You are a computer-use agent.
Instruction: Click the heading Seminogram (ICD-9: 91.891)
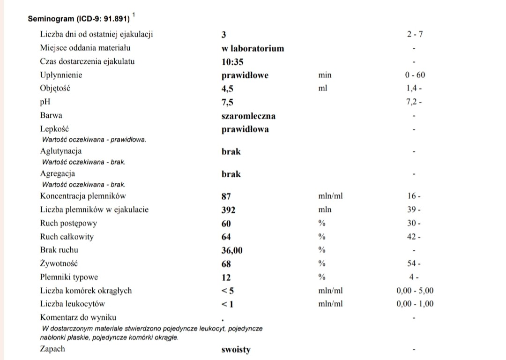click(78, 19)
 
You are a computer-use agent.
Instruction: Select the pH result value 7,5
click(227, 103)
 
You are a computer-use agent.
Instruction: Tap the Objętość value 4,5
click(227, 89)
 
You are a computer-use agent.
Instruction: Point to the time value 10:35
click(232, 62)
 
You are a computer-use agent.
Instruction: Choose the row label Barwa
click(51, 115)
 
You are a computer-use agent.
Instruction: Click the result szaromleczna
click(248, 116)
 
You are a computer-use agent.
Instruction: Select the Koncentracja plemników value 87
click(226, 196)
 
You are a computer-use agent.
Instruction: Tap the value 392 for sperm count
click(228, 210)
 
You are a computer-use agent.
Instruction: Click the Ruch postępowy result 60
click(226, 224)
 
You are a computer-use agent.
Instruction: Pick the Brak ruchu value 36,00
click(232, 251)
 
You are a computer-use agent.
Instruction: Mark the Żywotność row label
click(59, 263)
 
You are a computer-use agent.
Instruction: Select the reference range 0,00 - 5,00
click(415, 291)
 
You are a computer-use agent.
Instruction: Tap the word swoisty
click(236, 350)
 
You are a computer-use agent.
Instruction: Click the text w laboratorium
click(253, 48)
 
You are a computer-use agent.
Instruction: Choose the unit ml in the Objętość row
click(322, 88)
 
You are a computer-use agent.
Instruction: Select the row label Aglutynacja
click(61, 151)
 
